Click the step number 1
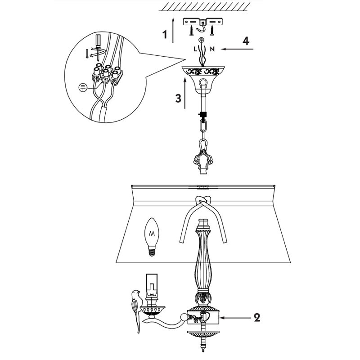click(x=165, y=35)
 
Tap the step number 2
click(x=257, y=318)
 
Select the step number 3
click(x=178, y=98)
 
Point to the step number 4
click(x=246, y=41)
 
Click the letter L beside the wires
click(x=195, y=49)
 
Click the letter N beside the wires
click(x=212, y=49)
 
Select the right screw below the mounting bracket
click(x=212, y=30)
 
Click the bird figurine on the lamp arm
click(x=135, y=310)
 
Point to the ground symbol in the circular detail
click(x=83, y=87)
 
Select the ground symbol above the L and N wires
click(x=201, y=39)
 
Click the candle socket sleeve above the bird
click(x=152, y=285)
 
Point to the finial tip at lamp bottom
click(x=203, y=350)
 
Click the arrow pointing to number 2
click(x=235, y=318)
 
